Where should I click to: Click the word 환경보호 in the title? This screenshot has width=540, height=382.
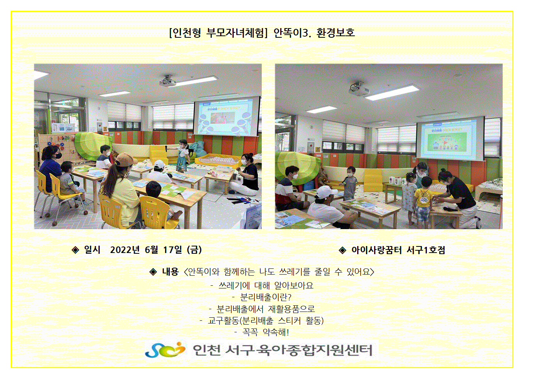336,33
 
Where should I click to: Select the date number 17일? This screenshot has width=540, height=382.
172,250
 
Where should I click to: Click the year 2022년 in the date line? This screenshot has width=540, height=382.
125,250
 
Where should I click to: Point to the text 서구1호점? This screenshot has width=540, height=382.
426,250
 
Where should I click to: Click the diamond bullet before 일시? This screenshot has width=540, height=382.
75,250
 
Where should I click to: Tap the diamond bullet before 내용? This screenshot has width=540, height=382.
153,272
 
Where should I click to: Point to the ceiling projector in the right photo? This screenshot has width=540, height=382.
359,89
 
